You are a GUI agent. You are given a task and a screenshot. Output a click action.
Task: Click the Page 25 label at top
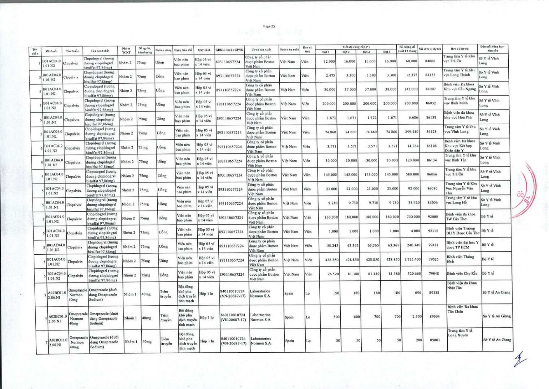tap(269, 26)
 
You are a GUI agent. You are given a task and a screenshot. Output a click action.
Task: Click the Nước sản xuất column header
tap(289, 49)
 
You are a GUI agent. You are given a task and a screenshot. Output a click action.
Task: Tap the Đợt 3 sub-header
tap(366, 52)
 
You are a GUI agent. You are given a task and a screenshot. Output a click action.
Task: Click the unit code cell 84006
tap(430, 61)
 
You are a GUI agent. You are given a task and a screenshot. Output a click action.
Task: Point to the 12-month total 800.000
tap(411, 103)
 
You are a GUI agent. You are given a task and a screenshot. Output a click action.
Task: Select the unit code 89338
tap(434, 293)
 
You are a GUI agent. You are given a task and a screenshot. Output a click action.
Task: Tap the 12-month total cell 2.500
tap(417, 316)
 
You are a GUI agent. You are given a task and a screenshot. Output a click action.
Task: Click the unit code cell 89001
tap(435, 340)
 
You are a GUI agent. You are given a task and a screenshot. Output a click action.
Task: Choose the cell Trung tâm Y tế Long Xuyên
tap(460, 333)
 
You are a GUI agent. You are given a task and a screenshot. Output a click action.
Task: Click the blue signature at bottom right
tap(519, 359)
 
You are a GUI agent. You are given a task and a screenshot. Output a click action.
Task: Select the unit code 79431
tap(433, 245)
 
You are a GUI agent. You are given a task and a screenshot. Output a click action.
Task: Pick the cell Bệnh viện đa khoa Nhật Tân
tap(462, 285)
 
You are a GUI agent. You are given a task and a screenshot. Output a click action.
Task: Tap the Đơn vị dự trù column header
tap(460, 49)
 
